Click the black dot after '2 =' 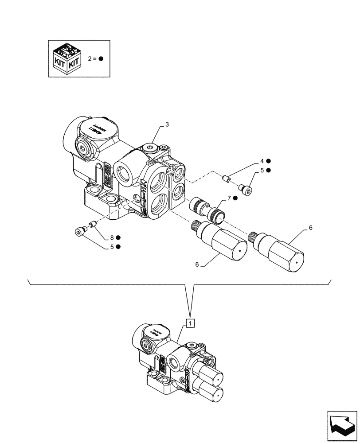101,58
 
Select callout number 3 166,125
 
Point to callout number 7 228,198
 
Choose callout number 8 113,237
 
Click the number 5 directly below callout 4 262,170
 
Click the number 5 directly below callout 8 113,246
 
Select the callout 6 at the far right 310,227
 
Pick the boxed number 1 190,323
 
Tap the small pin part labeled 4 226,179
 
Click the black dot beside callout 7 235,198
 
